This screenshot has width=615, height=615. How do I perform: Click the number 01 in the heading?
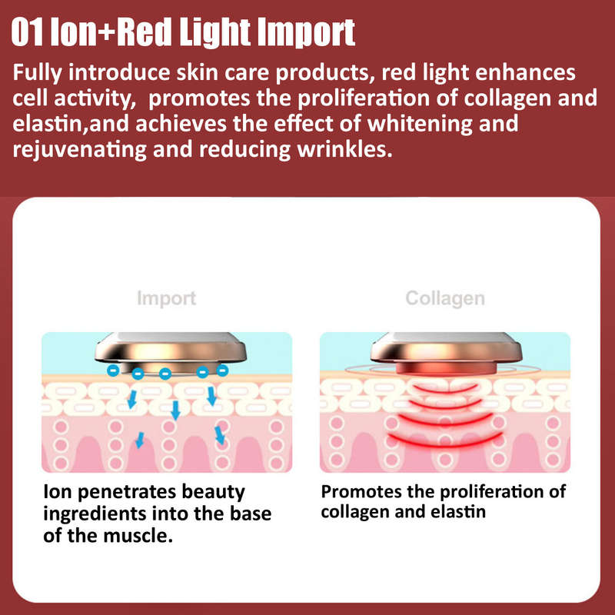click(x=27, y=33)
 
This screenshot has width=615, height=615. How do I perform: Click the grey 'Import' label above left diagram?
click(x=166, y=298)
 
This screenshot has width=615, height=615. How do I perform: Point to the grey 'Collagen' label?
click(x=445, y=298)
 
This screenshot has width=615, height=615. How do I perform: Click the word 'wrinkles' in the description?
click(x=344, y=148)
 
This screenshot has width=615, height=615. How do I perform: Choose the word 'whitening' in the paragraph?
click(x=420, y=124)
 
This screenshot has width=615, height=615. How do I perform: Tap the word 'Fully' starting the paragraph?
click(x=37, y=74)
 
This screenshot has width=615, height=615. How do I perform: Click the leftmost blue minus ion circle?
click(x=113, y=370)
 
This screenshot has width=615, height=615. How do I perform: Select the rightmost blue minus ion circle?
click(x=222, y=370)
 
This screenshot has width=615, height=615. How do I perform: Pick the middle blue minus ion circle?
click(x=165, y=373)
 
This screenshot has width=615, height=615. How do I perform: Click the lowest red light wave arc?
click(x=445, y=440)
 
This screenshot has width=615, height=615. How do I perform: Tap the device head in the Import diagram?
click(x=171, y=351)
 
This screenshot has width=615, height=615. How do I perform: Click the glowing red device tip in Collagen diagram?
click(x=447, y=368)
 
